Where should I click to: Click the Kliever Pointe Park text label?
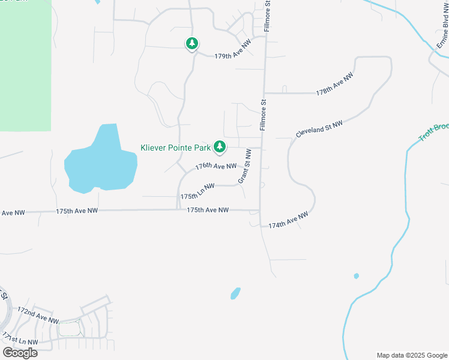click(x=176, y=147)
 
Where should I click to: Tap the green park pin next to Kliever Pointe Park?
click(x=220, y=146)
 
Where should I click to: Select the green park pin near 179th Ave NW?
click(x=191, y=43)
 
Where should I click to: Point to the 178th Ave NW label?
click(x=335, y=85)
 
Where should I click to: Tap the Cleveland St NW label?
click(x=319, y=128)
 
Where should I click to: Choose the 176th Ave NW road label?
click(x=216, y=166)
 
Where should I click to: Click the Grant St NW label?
click(x=244, y=167)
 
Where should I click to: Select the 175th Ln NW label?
click(x=197, y=191)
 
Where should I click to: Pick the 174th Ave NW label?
click(x=288, y=220)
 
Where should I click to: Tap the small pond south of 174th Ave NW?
click(x=235, y=293)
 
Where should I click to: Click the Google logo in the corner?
click(x=20, y=352)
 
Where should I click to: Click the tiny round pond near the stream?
click(x=357, y=276)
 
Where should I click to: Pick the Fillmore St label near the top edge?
click(x=268, y=13)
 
